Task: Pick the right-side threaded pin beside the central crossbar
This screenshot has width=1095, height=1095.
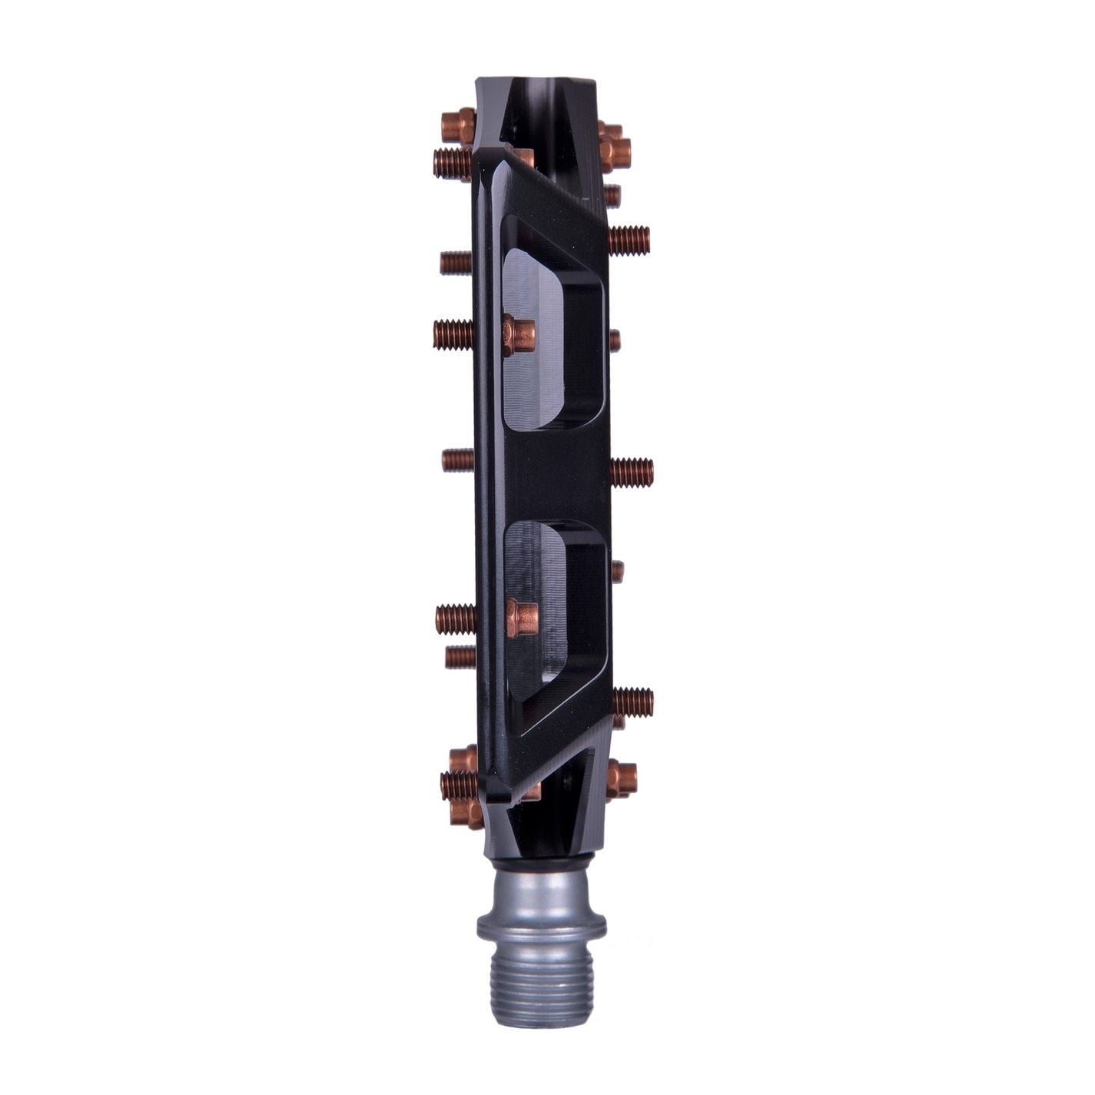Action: [632, 466]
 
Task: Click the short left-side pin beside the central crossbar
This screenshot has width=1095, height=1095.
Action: [458, 460]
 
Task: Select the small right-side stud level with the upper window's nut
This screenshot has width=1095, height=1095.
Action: [615, 339]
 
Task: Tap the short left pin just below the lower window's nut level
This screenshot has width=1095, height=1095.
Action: [460, 655]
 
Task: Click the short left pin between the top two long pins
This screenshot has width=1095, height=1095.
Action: [457, 263]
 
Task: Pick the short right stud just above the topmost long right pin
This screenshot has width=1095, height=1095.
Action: [612, 194]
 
